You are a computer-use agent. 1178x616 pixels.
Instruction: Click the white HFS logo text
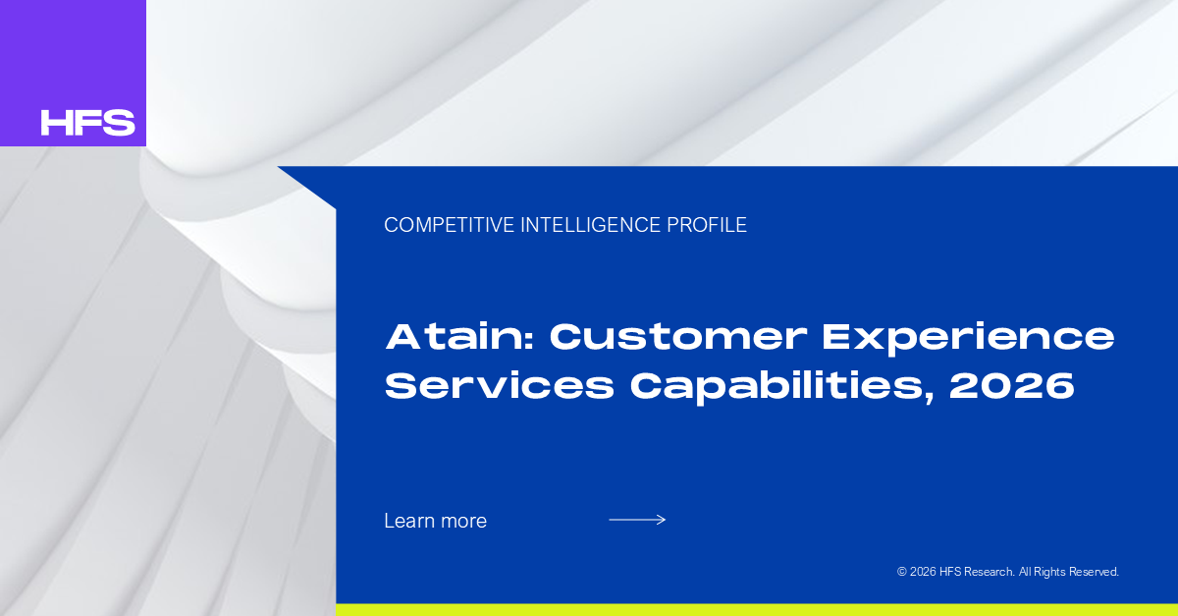click(x=87, y=123)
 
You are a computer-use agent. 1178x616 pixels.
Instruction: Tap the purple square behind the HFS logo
click(x=73, y=73)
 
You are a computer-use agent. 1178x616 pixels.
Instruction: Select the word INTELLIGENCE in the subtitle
click(x=591, y=225)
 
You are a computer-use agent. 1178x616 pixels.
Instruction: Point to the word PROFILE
click(x=707, y=225)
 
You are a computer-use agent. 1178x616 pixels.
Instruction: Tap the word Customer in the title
click(x=678, y=336)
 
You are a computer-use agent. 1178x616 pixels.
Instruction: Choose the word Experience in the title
click(x=968, y=339)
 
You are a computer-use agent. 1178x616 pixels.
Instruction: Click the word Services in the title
click(x=500, y=385)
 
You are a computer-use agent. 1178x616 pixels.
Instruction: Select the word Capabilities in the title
click(x=782, y=388)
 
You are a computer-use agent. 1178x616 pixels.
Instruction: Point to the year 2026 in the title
click(x=1012, y=385)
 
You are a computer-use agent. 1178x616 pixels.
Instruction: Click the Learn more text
click(x=436, y=521)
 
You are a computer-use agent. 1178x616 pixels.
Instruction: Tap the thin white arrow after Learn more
click(x=637, y=520)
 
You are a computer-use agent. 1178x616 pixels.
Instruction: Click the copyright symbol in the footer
click(x=902, y=572)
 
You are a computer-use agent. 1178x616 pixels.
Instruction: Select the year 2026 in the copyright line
click(x=923, y=572)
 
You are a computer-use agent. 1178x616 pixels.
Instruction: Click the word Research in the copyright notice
click(x=990, y=572)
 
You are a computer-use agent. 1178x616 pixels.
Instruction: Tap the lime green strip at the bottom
click(x=757, y=610)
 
